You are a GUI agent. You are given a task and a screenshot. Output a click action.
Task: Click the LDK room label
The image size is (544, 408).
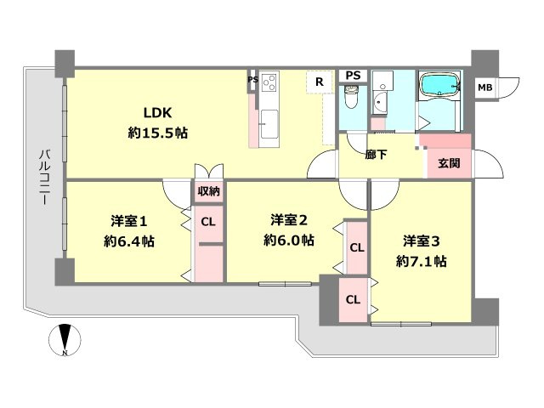[158, 114]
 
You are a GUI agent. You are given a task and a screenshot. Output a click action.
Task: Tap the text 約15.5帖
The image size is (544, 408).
[158, 133]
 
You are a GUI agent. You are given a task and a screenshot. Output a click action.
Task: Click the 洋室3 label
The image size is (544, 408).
[420, 241]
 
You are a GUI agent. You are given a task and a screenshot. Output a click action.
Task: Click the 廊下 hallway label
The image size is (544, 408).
[377, 156]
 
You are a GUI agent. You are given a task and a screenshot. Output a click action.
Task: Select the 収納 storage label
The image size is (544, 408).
[209, 191]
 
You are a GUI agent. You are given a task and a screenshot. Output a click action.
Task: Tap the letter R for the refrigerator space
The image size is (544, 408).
[319, 82]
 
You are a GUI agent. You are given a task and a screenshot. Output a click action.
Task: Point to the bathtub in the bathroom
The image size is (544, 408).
[439, 85]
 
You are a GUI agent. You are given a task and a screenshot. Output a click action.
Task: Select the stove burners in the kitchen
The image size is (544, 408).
[269, 82]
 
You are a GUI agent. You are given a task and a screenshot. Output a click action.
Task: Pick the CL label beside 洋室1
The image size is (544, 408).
[208, 224]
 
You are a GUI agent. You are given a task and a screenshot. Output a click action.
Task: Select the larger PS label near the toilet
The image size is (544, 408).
[353, 75]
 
